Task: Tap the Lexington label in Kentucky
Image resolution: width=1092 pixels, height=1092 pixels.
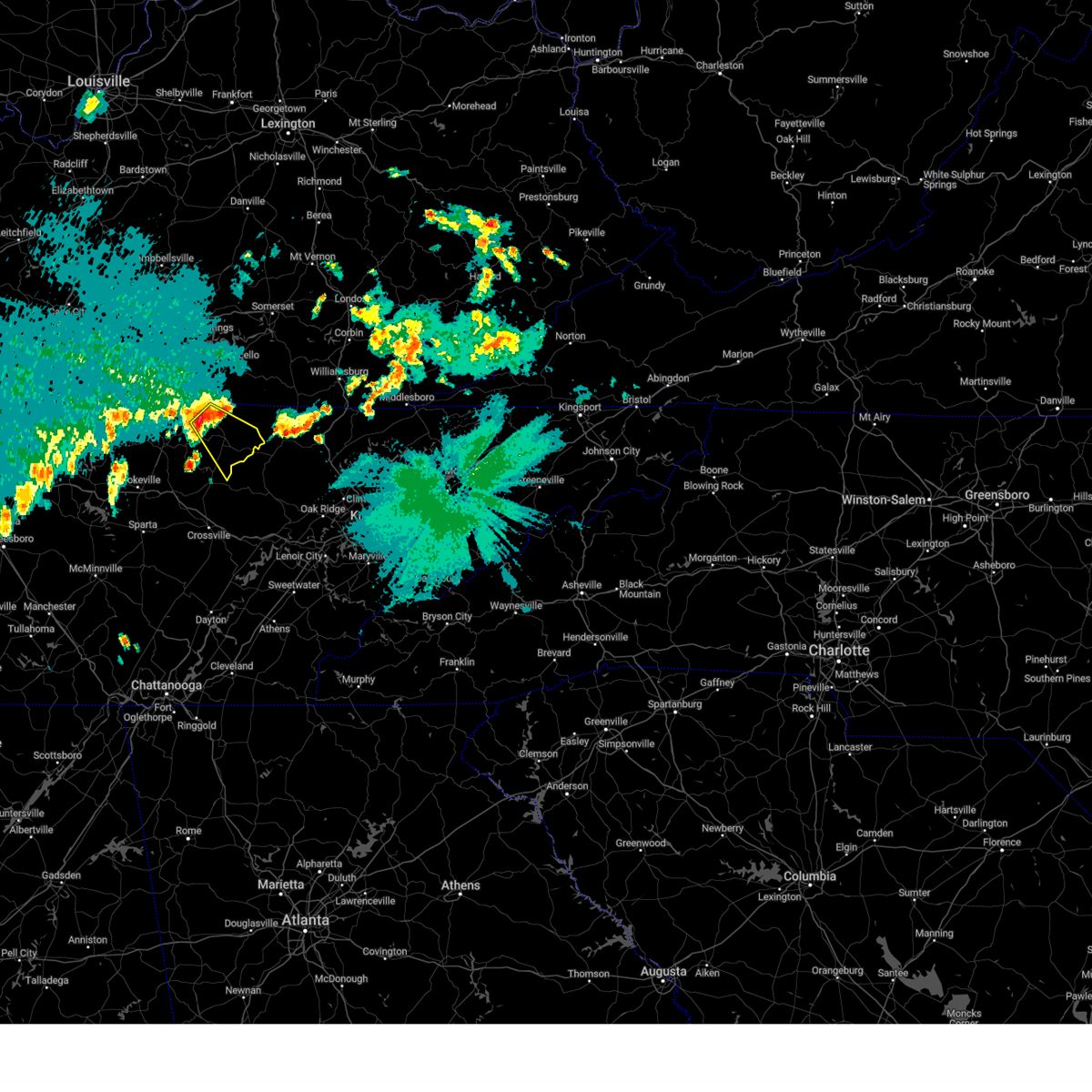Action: click(288, 124)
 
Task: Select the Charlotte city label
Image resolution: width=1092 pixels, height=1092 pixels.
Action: click(839, 651)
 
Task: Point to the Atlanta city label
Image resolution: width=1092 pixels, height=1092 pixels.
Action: click(305, 920)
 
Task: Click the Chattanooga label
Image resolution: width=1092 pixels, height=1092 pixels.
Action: click(167, 685)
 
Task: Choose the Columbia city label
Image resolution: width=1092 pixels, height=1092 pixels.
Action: click(809, 876)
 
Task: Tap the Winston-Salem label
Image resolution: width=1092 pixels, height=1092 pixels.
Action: click(883, 500)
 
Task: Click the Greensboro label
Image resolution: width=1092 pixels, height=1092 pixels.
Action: click(996, 495)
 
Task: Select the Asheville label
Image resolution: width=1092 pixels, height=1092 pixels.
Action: click(581, 585)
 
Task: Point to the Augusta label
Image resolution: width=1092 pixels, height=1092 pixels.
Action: click(663, 971)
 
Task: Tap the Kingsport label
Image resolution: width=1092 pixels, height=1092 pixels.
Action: click(580, 407)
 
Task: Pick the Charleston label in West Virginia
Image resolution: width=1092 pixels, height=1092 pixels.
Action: click(720, 66)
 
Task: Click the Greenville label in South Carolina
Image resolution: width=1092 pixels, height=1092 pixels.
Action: click(606, 722)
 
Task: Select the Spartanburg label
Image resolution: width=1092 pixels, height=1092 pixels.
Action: click(674, 704)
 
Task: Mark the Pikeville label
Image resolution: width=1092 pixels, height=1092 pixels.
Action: click(587, 233)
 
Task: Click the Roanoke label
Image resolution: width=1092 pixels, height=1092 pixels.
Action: click(975, 272)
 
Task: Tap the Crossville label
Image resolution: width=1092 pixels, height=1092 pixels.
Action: click(208, 535)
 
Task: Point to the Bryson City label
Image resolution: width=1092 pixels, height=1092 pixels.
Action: click(447, 616)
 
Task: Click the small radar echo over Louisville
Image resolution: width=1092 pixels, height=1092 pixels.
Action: click(91, 106)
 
